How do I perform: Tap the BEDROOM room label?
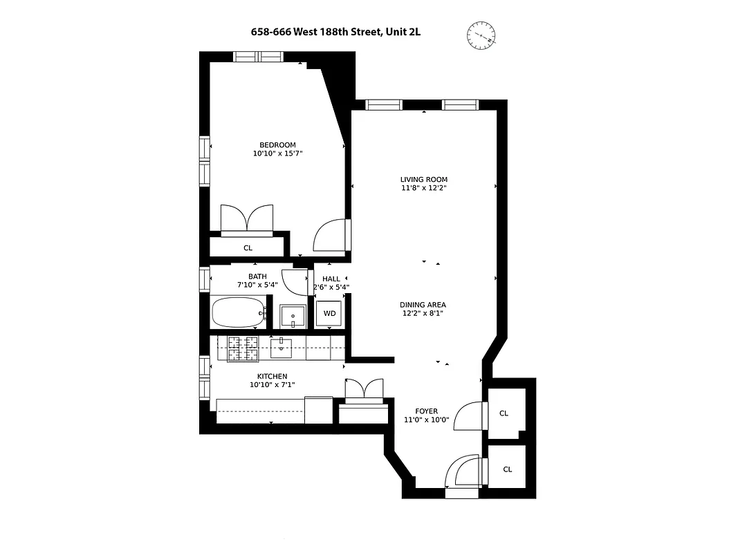tap(278, 144)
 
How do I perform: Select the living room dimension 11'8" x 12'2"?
tap(424, 188)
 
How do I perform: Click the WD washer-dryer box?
tap(330, 314)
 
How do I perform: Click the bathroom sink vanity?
tap(293, 316)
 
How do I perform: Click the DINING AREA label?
tap(423, 304)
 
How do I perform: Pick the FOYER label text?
tap(426, 411)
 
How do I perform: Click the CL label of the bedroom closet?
tap(248, 247)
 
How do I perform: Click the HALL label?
tap(331, 279)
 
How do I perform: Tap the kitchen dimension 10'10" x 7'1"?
tap(272, 384)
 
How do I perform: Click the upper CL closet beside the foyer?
tap(504, 413)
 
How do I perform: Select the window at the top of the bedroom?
tap(257, 57)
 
